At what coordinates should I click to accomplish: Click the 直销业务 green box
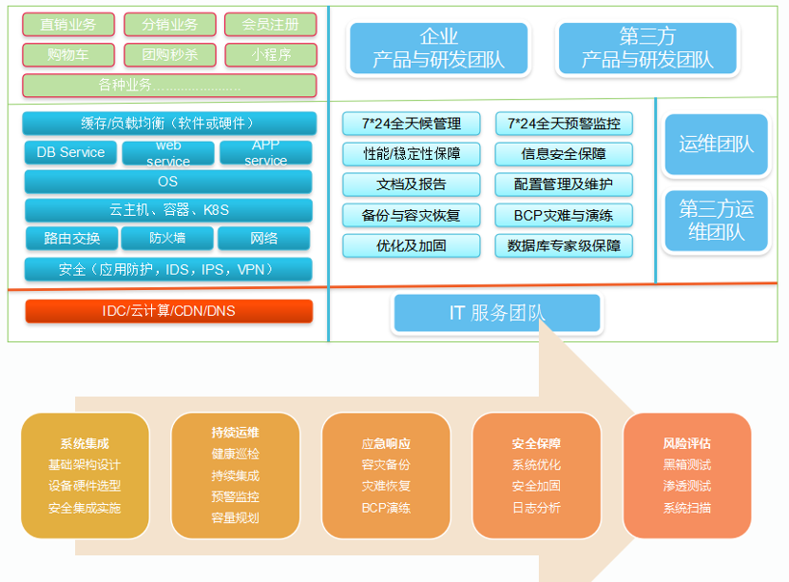(67, 25)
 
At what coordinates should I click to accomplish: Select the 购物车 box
(67, 55)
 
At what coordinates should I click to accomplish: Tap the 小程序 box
(271, 55)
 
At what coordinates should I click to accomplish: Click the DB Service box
(70, 152)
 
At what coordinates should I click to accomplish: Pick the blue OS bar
(168, 182)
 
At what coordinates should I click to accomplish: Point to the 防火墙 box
(168, 238)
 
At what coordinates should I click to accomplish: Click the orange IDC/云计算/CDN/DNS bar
(168, 311)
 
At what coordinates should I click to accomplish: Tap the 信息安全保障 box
(564, 154)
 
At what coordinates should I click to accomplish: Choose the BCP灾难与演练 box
(564, 215)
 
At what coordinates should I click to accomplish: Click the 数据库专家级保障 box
(564, 245)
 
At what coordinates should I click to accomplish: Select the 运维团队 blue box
(716, 145)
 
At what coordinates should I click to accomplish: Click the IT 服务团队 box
(496, 313)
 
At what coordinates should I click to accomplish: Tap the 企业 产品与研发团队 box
(438, 48)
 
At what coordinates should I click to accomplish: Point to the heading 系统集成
(85, 443)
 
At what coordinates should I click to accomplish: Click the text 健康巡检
(235, 454)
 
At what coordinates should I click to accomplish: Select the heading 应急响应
(386, 443)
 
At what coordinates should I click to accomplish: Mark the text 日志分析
(536, 508)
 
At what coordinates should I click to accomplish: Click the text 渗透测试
(686, 486)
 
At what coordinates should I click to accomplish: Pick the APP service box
(265, 152)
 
